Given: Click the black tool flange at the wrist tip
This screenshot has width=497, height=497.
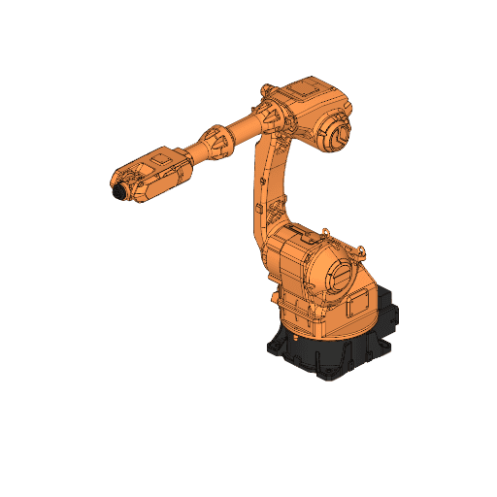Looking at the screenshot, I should pyautogui.click(x=118, y=192).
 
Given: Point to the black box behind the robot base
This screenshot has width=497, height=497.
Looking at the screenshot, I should pyautogui.click(x=385, y=309).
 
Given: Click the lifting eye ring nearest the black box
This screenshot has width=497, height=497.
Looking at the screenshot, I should pyautogui.click(x=361, y=249).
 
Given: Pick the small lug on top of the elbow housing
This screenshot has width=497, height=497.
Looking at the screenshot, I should pyautogui.click(x=266, y=90).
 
